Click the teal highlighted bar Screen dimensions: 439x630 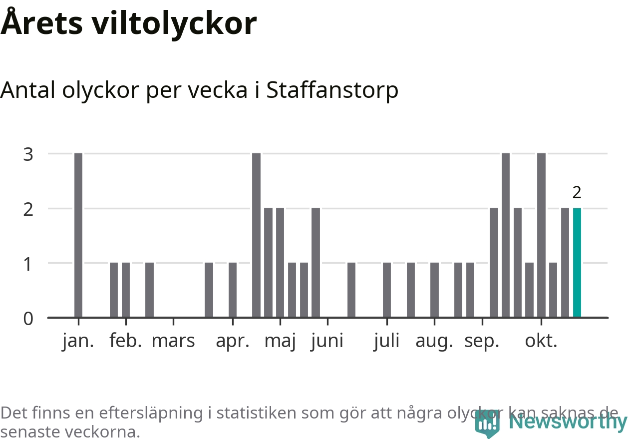[577, 263]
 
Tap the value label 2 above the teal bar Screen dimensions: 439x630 [577, 192]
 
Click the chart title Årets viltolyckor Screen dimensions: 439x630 [129, 23]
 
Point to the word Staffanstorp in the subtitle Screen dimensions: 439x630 [332, 90]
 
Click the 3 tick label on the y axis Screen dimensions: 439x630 [28, 154]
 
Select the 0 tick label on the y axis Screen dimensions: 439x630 [28, 318]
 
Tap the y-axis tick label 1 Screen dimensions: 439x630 [28, 264]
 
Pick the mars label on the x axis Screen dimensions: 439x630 [173, 341]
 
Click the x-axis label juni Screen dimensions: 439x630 [327, 341]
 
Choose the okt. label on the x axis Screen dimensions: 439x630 [541, 341]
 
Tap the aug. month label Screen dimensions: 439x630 [434, 341]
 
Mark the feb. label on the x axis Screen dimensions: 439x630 [126, 341]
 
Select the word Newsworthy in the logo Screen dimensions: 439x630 [568, 423]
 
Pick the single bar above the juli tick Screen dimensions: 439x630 [387, 290]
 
